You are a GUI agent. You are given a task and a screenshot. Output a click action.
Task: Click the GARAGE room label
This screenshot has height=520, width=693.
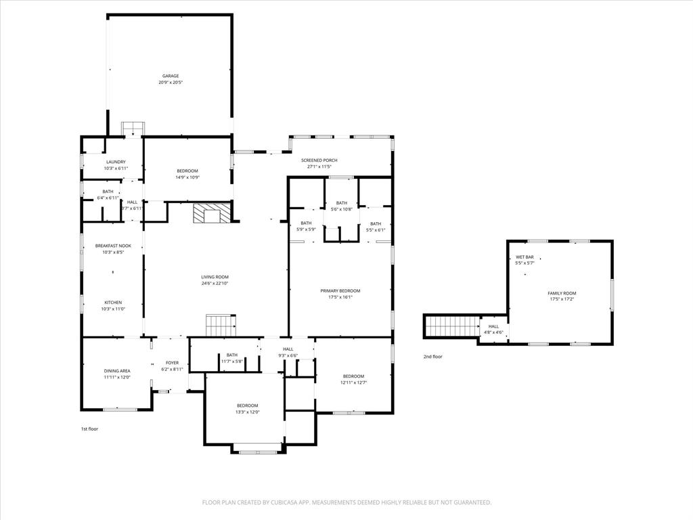click(170, 76)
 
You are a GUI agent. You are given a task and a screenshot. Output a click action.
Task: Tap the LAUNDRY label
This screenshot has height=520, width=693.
click(116, 162)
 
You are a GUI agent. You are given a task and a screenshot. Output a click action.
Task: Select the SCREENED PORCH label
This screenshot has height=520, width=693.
click(319, 160)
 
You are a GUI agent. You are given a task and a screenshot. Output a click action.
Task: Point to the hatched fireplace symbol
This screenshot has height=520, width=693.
click(206, 213)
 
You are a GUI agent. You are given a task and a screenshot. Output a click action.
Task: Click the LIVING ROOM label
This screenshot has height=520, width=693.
click(215, 277)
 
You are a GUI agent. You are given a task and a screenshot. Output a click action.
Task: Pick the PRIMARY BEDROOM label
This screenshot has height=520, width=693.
click(340, 290)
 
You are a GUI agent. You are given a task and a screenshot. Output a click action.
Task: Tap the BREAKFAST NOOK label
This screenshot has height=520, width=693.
click(113, 246)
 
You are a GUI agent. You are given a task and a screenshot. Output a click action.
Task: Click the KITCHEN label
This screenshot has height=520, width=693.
click(113, 302)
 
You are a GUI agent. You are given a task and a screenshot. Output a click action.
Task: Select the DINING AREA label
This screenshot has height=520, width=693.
click(117, 370)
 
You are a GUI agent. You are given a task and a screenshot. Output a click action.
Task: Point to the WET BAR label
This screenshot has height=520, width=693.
click(524, 257)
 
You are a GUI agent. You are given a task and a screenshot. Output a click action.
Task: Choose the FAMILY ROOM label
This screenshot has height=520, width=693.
click(562, 293)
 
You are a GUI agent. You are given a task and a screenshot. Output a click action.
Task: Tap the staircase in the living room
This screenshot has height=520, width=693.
click(219, 325)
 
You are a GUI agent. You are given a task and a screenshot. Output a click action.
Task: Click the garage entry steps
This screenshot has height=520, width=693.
click(133, 129)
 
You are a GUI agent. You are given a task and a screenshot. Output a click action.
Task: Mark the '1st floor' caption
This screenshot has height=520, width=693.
click(89, 429)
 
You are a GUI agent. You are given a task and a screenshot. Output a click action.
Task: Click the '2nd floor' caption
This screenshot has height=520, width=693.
click(432, 356)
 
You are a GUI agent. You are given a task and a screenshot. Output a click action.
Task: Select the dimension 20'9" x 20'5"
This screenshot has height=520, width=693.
click(171, 83)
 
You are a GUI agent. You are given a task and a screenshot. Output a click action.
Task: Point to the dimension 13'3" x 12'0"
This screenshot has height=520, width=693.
click(248, 412)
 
